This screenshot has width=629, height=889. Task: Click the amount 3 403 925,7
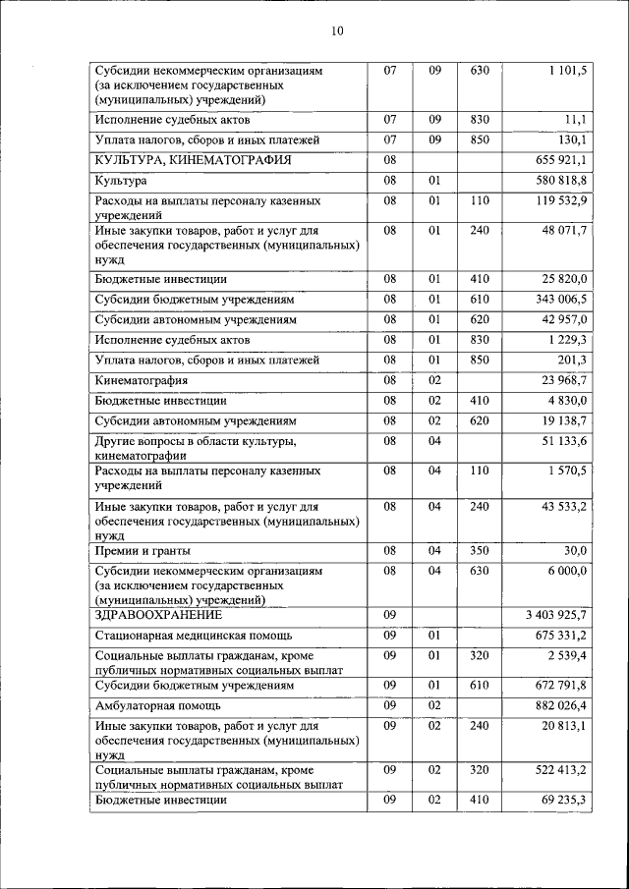pos(556,615)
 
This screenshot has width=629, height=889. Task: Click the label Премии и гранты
pos(143,550)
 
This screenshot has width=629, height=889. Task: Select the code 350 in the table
pos(480,550)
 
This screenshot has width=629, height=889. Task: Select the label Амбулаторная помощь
pos(158,705)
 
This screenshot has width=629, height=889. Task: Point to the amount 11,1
pos(576,120)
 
